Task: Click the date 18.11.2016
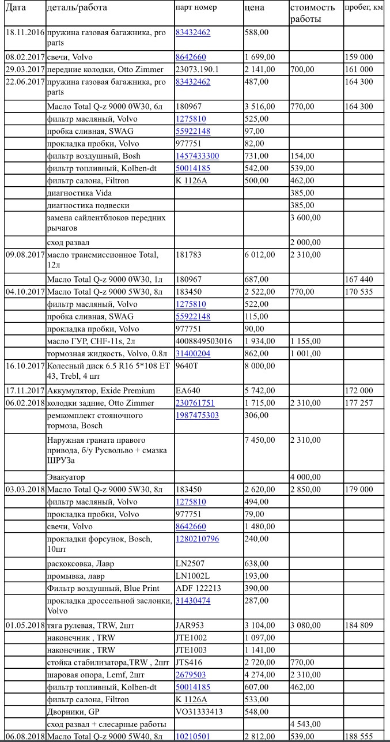click(x=24, y=32)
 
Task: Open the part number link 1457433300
click(x=197, y=156)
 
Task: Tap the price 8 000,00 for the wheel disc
click(x=260, y=366)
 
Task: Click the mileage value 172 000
click(x=359, y=390)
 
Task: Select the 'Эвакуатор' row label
click(x=66, y=477)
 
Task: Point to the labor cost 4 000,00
click(x=306, y=477)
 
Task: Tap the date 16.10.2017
click(x=24, y=366)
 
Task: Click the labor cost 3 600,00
click(x=306, y=217)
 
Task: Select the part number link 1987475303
click(x=197, y=415)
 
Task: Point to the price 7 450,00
click(x=260, y=440)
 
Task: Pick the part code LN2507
click(x=190, y=563)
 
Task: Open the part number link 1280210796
click(x=197, y=538)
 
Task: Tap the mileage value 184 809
click(x=359, y=625)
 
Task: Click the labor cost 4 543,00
click(x=306, y=724)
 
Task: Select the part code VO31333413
click(x=199, y=711)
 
